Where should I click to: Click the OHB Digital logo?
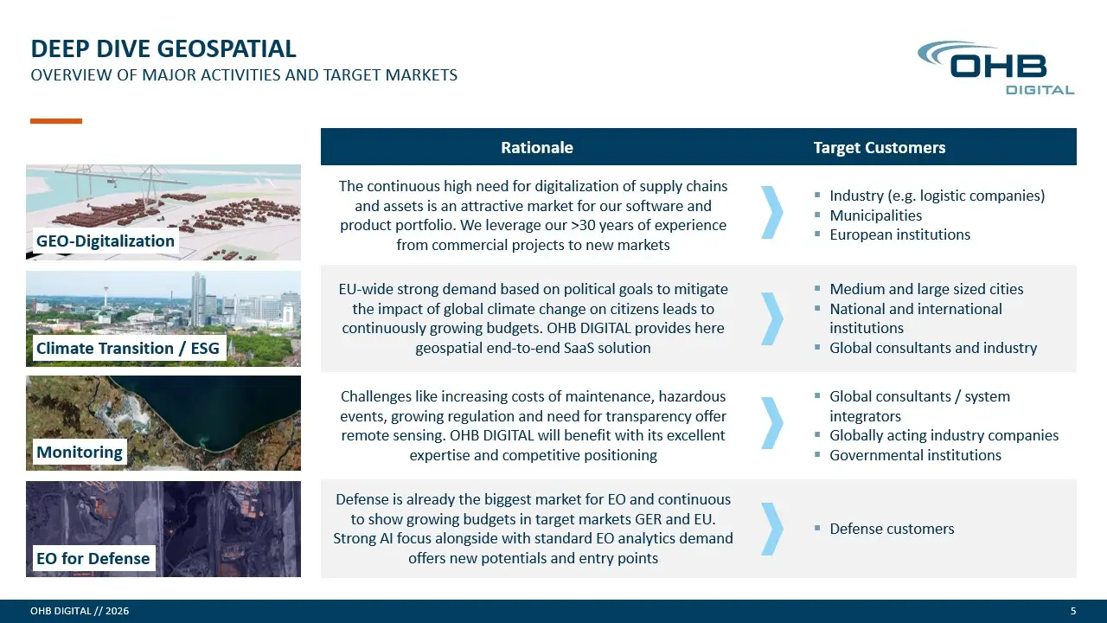[995, 67]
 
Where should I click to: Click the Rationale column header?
[537, 147]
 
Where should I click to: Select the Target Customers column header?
[880, 147]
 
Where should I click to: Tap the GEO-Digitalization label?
[106, 241]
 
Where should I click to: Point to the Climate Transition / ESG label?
[127, 348]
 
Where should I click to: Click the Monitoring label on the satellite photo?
[80, 452]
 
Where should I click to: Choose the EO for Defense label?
[93, 558]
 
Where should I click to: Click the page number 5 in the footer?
[1073, 611]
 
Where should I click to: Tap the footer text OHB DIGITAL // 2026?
[80, 611]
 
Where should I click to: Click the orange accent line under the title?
[56, 120]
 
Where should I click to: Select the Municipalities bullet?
[875, 215]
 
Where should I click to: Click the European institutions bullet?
[899, 234]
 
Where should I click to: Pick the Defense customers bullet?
[892, 529]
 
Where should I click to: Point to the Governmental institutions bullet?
[915, 455]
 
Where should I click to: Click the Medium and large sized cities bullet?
[926, 289]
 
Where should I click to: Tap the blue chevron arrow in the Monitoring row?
[773, 423]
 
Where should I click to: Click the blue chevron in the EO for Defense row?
[773, 529]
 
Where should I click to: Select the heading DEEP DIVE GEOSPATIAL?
[163, 49]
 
